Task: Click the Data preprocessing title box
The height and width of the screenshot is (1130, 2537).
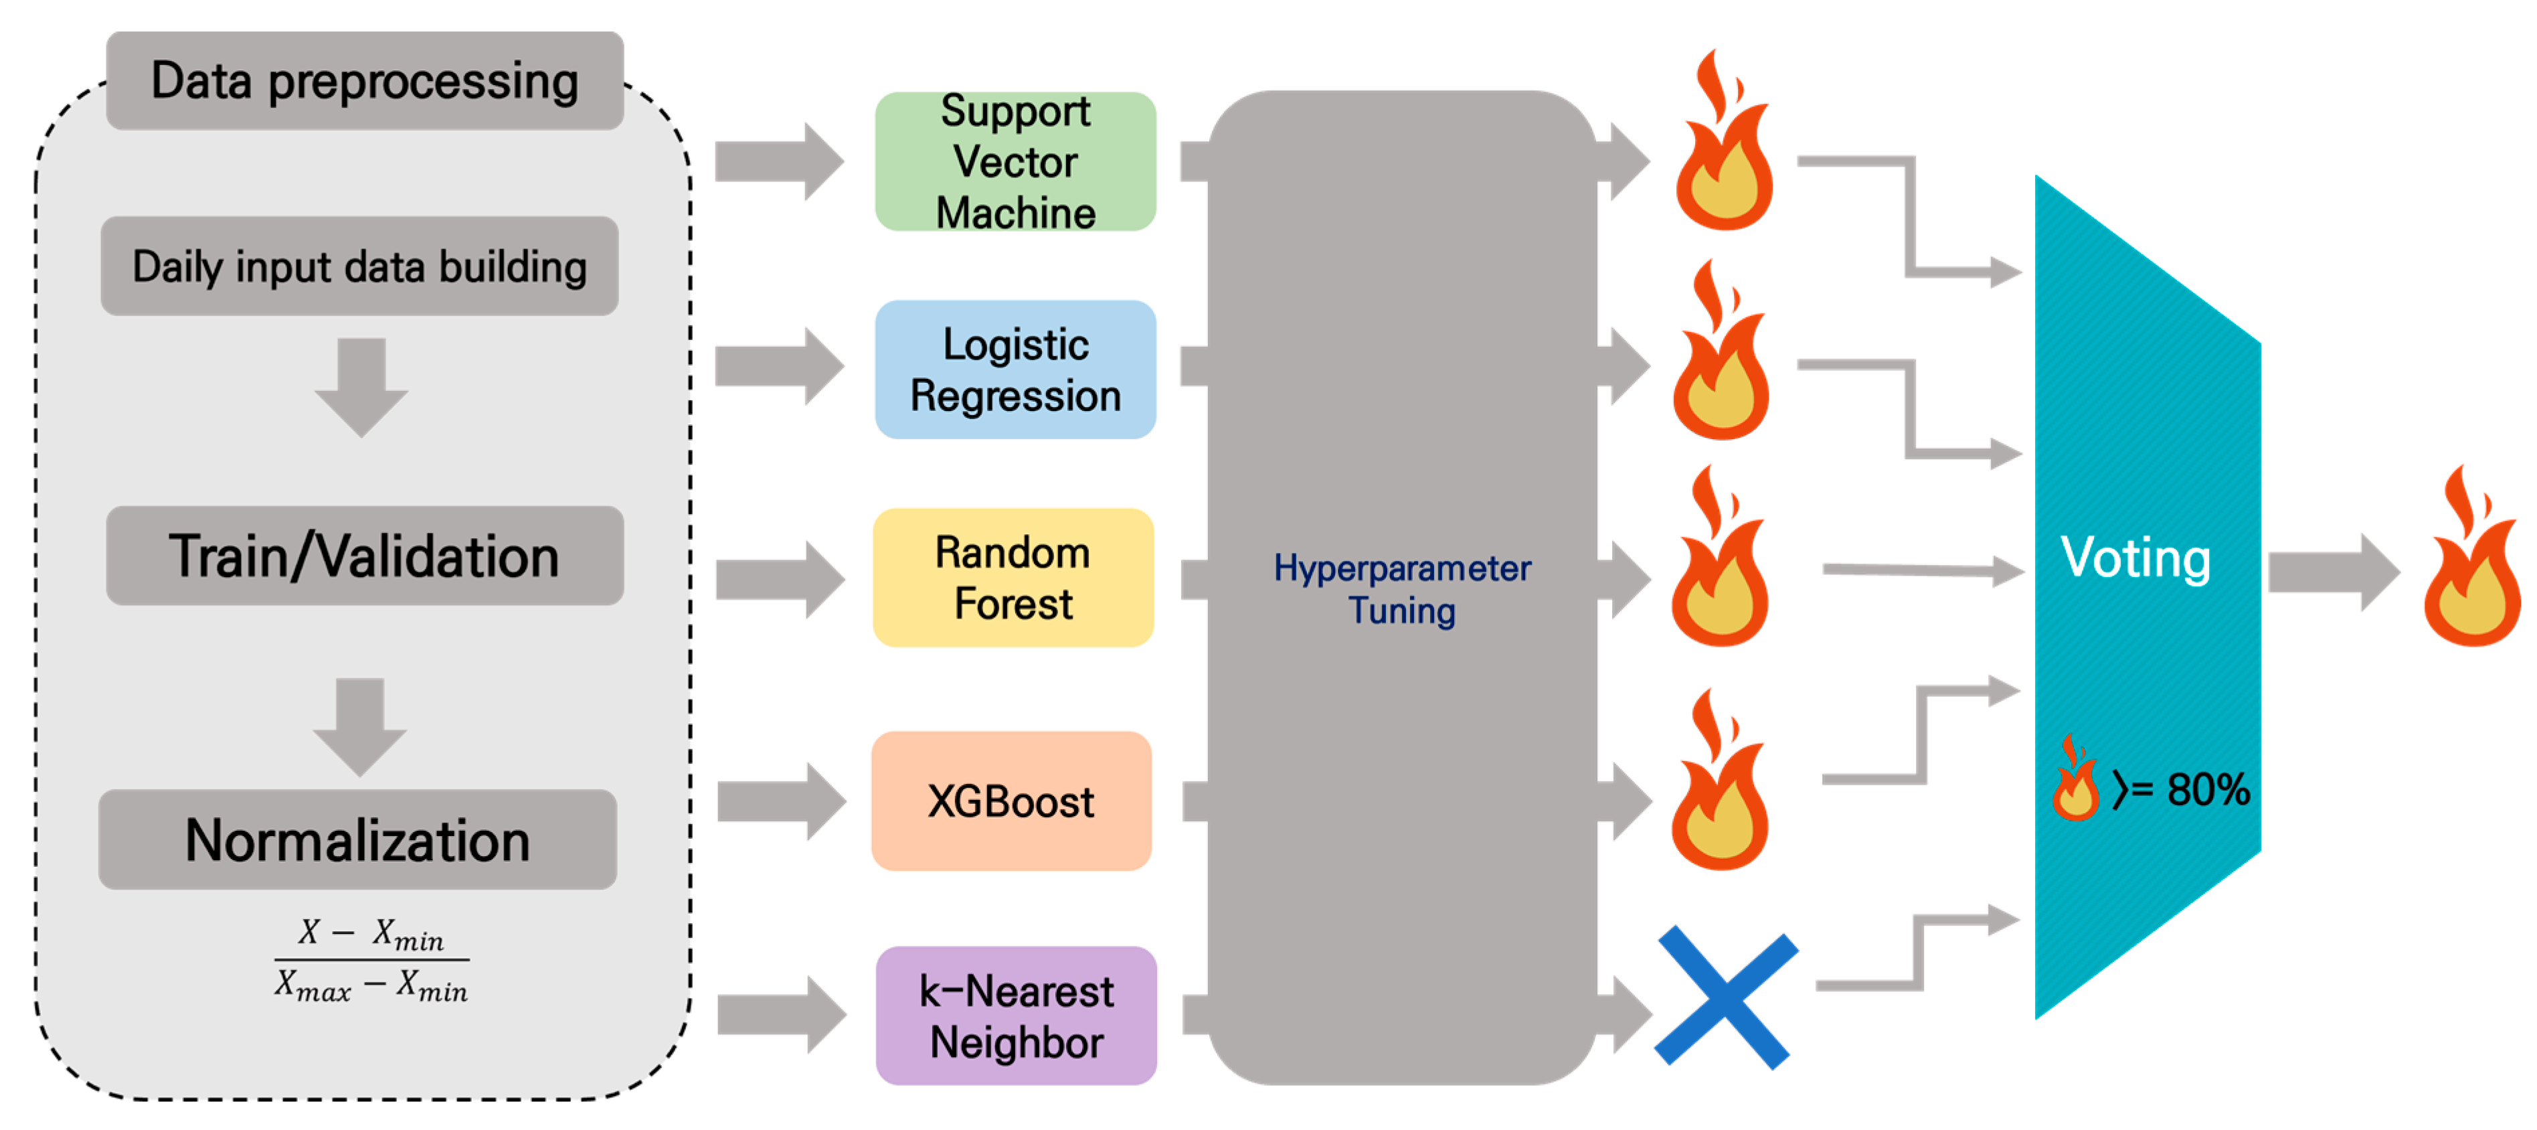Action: click(365, 81)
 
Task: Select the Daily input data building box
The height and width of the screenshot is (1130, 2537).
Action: click(359, 266)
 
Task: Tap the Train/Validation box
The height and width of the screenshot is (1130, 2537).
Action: click(365, 556)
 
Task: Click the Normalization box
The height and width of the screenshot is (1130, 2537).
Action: click(357, 839)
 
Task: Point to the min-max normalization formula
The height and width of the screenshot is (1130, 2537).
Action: click(371, 959)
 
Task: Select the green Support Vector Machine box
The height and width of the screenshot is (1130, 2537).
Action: click(1015, 161)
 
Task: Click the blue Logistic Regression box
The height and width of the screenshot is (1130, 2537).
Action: click(1015, 370)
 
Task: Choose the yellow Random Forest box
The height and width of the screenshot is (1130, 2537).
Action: click(1013, 577)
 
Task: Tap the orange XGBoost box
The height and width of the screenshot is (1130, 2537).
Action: click(1011, 801)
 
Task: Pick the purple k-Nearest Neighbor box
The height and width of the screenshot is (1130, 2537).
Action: click(1017, 1016)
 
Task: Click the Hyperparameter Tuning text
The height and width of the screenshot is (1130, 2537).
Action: click(1403, 589)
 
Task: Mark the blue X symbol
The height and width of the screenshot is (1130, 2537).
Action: click(1727, 997)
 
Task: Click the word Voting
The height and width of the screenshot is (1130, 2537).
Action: click(2135, 558)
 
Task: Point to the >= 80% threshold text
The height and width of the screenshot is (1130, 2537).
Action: click(2180, 789)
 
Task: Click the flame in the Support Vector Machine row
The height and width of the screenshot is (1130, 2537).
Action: click(1723, 141)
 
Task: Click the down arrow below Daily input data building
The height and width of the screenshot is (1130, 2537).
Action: click(361, 387)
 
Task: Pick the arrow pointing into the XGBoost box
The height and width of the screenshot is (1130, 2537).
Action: click(781, 801)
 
